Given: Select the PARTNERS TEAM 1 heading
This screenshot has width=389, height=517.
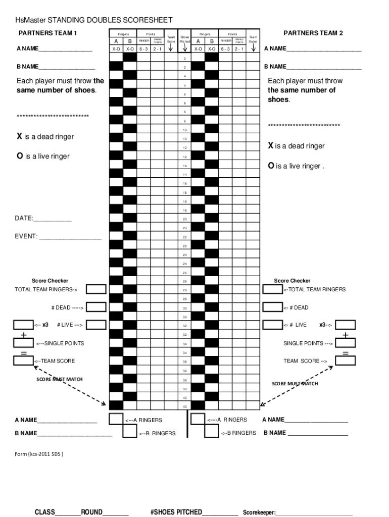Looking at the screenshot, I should pos(47,33).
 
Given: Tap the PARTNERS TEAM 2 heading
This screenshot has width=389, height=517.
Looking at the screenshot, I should pos(313,33).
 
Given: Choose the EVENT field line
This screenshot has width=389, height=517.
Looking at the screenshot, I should pos(70,237).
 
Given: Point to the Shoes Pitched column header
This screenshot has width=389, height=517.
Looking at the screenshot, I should pos(185,39).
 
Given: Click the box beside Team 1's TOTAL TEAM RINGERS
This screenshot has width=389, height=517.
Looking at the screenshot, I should pos(96,289).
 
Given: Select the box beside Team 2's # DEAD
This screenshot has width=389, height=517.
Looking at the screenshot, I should pos(272,307).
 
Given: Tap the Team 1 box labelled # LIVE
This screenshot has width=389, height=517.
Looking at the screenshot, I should pos(96,325).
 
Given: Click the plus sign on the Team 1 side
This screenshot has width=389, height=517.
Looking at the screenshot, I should pos(23,335).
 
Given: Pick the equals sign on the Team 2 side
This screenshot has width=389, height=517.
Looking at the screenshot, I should pos(346,352).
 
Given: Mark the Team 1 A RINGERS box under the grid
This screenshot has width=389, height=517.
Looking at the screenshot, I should pos(116,419).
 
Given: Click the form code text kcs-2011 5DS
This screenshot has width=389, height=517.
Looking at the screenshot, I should pos(39,454).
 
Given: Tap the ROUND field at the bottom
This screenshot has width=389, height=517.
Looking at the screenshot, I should pos(115,512).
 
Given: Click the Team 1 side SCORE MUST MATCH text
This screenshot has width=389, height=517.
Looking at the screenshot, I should pos(59,379).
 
